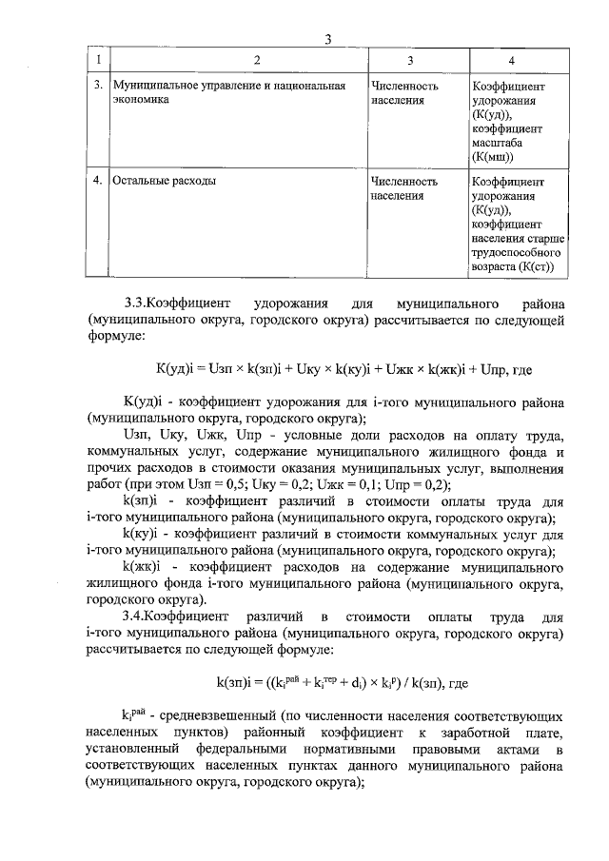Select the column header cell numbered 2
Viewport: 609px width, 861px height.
click(256, 61)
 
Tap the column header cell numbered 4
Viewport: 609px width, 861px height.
click(512, 61)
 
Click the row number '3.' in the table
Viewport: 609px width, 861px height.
click(99, 86)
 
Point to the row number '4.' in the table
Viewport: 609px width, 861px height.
click(99, 180)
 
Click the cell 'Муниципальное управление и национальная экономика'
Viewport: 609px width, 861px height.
click(227, 91)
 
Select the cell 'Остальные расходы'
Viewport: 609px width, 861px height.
click(163, 180)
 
